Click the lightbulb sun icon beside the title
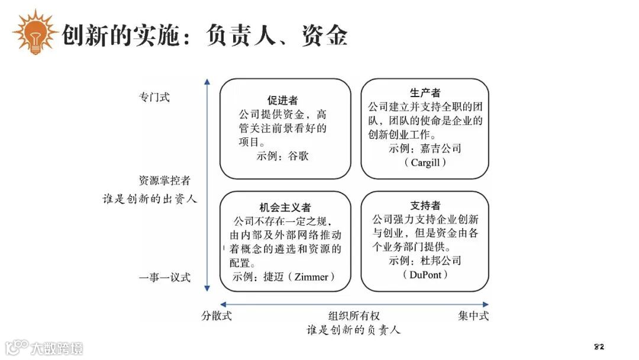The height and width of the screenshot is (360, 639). coord(34,33)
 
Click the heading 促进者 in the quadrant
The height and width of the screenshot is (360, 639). coord(285,100)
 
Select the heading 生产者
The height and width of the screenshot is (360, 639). coord(425,93)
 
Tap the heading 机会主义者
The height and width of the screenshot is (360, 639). coord(285,207)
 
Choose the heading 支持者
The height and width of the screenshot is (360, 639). coord(425,205)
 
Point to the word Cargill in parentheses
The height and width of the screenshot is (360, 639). coord(425,162)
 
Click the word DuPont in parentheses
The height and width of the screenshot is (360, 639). coord(425,275)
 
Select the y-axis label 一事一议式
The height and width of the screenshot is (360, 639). coord(164,277)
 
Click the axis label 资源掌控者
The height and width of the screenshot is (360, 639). coord(164,181)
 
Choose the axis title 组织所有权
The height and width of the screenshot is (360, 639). coord(354,316)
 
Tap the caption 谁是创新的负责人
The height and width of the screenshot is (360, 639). coord(354,330)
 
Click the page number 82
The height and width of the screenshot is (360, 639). coord(598,346)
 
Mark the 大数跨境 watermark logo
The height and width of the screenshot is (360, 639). coord(44,346)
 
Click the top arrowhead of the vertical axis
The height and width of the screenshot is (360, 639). coord(206,83)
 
